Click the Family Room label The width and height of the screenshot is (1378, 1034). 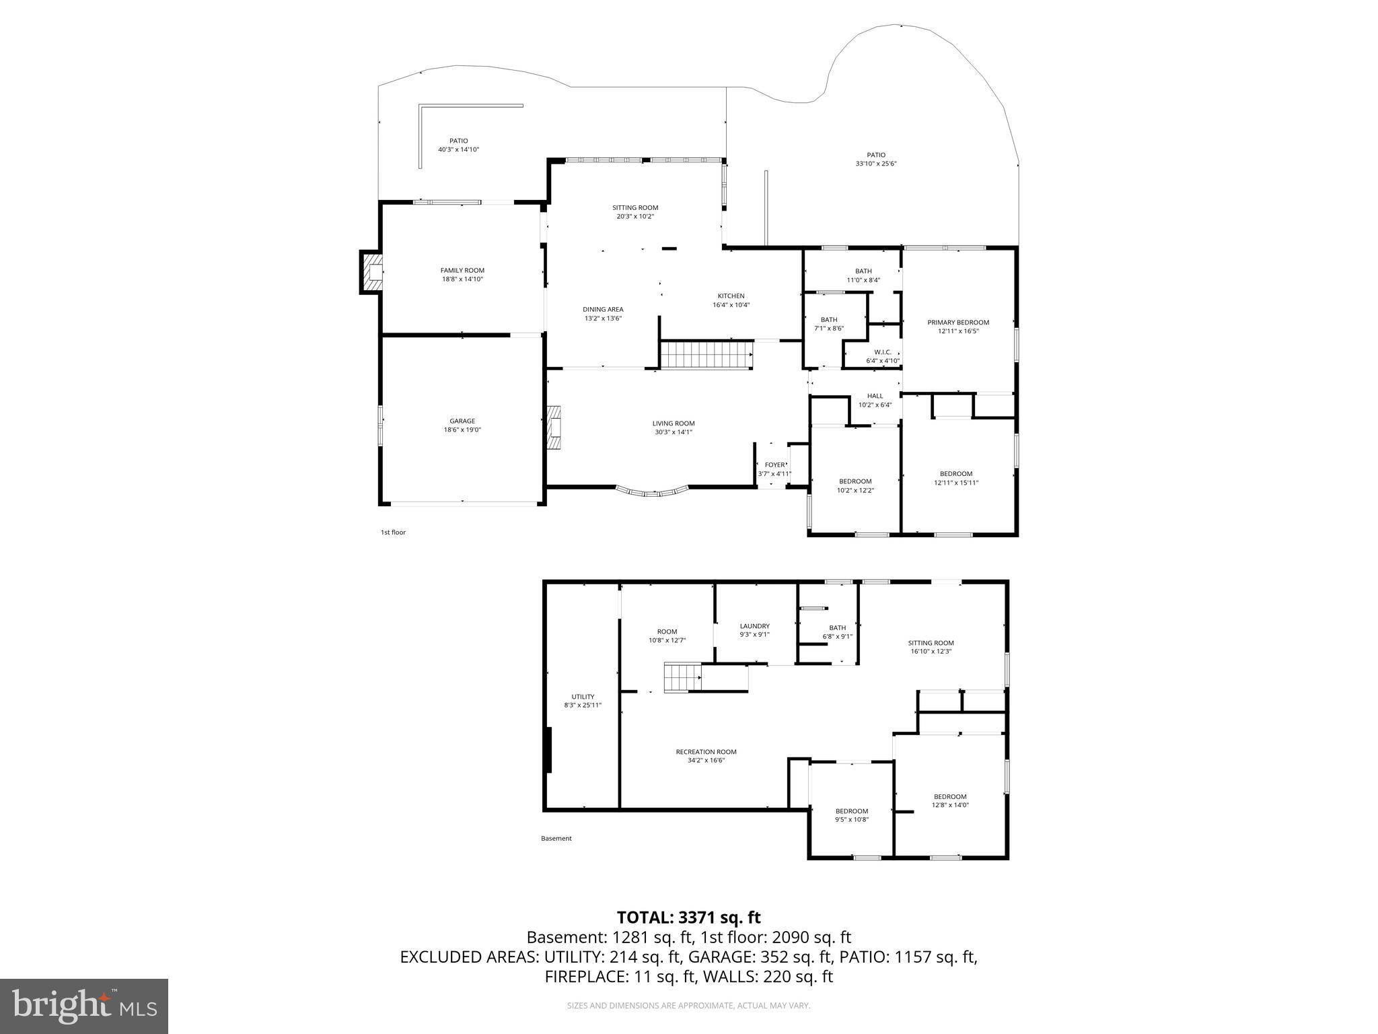462,271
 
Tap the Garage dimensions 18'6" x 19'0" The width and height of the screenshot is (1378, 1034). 462,429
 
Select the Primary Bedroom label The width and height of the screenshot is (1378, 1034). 958,322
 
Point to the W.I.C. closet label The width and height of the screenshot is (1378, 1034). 883,352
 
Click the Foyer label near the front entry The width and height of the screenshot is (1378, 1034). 774,465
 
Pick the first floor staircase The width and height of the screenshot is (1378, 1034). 706,355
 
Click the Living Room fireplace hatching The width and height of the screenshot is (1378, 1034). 554,428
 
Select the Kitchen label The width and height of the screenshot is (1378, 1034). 731,296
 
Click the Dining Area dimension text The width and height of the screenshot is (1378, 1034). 603,318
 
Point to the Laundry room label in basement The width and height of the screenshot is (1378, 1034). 754,626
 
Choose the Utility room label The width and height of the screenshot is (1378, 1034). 583,697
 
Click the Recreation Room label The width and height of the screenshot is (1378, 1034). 706,752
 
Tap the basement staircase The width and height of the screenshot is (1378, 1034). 683,677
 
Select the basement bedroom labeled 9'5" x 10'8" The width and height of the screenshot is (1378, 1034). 852,815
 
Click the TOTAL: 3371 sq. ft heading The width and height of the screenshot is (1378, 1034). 688,918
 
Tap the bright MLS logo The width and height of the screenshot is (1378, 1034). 84,1006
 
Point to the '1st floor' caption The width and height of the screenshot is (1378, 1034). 393,532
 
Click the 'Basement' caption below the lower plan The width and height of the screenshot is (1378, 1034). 556,839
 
